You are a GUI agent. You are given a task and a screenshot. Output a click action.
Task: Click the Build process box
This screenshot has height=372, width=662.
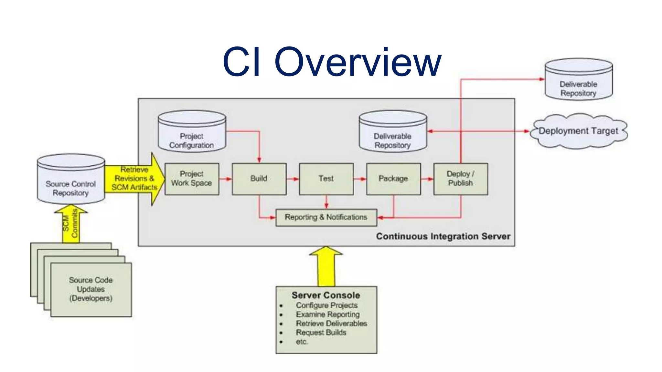[259, 179]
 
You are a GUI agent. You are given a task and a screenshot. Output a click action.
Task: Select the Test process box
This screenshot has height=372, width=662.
[326, 179]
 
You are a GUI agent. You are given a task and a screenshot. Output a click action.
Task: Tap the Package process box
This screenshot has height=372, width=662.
[393, 179]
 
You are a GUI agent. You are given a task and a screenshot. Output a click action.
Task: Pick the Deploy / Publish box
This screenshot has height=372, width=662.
[460, 179]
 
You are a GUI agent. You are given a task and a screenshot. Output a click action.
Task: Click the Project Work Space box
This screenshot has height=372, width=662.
[192, 179]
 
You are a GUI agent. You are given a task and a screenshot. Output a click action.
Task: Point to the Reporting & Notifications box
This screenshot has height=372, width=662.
[326, 217]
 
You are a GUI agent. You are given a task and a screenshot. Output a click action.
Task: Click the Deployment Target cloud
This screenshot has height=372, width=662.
[578, 131]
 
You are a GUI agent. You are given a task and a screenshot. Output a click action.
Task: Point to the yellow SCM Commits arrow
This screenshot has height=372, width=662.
[71, 224]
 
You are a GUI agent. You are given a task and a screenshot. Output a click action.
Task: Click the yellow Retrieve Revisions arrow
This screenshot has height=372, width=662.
[134, 179]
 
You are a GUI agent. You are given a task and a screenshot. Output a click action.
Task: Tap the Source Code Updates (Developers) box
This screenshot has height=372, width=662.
[91, 289]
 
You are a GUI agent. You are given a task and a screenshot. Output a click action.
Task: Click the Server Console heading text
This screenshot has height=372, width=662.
[326, 295]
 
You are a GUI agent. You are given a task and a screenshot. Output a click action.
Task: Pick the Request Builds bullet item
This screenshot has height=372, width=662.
[321, 332]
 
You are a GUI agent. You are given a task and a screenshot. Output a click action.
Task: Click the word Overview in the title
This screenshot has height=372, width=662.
[358, 62]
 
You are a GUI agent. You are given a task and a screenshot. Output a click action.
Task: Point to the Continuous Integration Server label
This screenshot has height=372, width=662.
[443, 236]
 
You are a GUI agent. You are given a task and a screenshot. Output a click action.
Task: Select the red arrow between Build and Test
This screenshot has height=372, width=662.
[293, 179]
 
